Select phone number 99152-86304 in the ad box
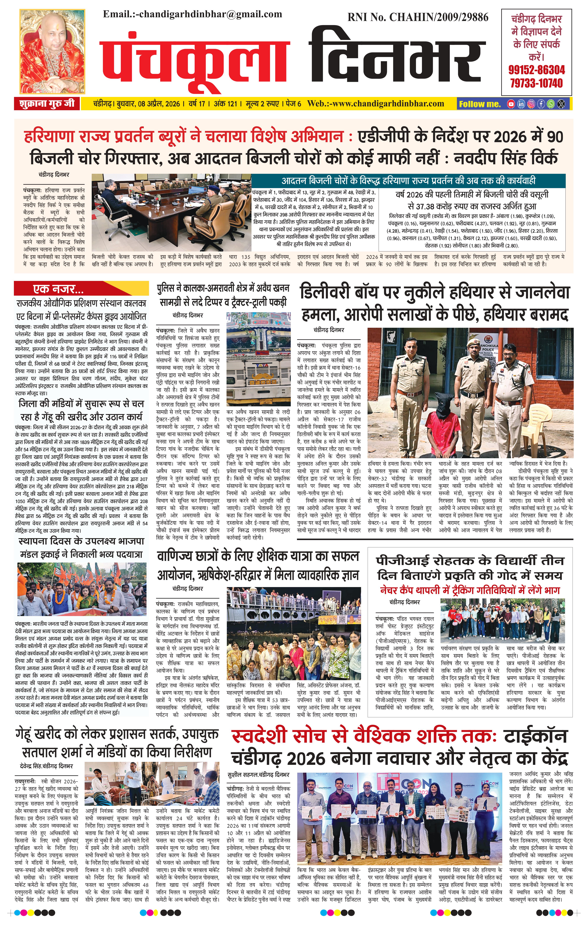click(x=536, y=70)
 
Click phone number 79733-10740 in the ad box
click(x=536, y=83)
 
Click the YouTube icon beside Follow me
click(x=511, y=104)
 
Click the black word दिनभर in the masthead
click(x=395, y=58)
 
